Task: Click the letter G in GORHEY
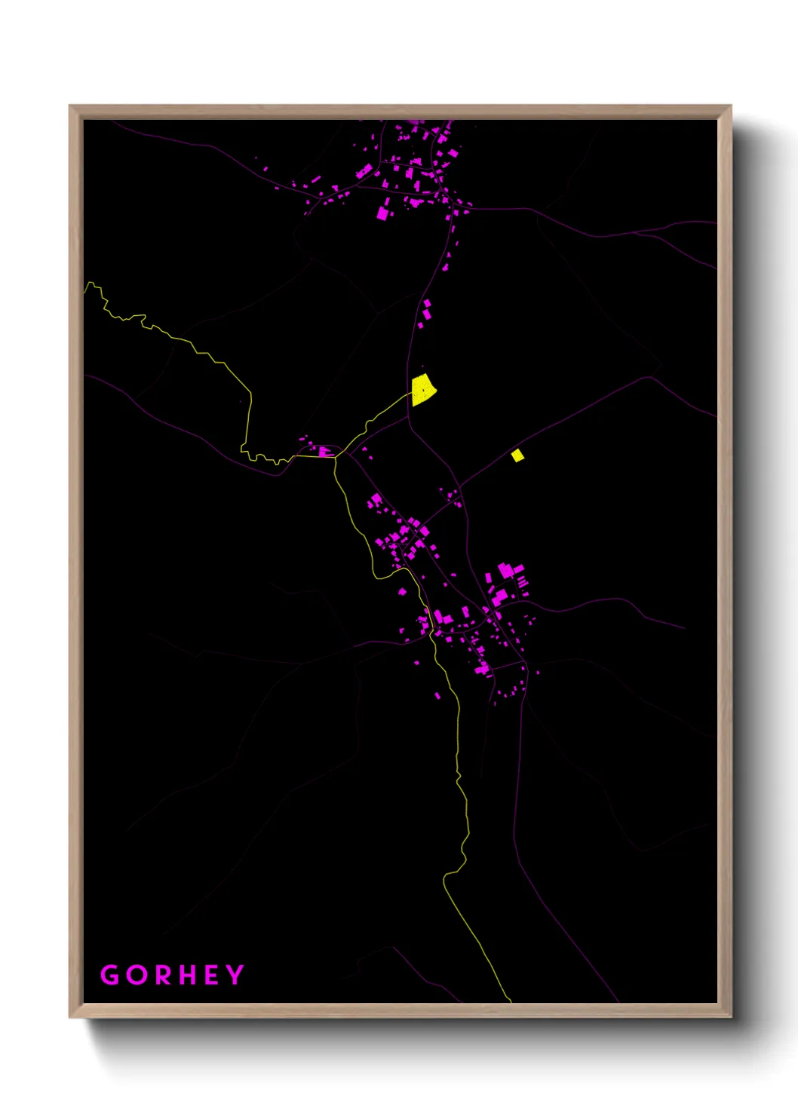click(110, 975)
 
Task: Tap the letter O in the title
click(137, 975)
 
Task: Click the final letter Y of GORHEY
click(235, 975)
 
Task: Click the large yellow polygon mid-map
click(423, 390)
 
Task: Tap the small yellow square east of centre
click(517, 455)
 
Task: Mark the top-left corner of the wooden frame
click(70, 106)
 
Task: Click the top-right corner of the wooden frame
click(730, 106)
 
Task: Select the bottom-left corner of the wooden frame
click(70, 1016)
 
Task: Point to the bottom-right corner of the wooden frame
click(730, 1016)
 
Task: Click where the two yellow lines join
click(336, 456)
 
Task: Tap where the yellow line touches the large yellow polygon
click(413, 393)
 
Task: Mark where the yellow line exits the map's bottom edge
click(511, 1001)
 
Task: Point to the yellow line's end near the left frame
click(85, 287)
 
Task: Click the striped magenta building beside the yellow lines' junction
click(324, 451)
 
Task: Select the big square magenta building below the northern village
click(382, 213)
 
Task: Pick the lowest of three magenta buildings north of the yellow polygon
click(421, 325)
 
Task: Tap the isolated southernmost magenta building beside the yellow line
click(437, 695)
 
